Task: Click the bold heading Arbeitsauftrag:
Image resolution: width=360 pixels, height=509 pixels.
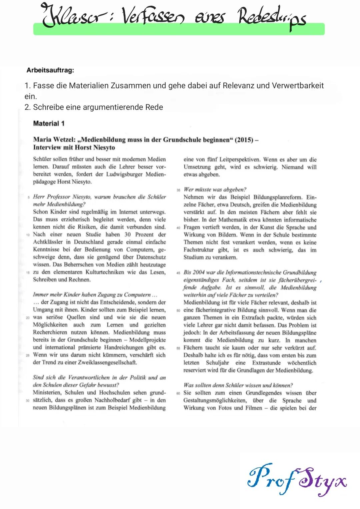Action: click(x=50, y=70)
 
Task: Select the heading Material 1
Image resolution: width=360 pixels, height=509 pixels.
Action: click(x=49, y=123)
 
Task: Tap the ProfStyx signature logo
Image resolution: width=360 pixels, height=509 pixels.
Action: click(x=297, y=480)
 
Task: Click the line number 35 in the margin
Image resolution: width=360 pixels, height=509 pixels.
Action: click(x=178, y=190)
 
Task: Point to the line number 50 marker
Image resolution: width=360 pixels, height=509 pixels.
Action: click(x=178, y=311)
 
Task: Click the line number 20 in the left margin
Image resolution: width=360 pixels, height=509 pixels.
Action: click(x=28, y=318)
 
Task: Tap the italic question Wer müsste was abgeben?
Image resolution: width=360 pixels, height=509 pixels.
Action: click(x=215, y=189)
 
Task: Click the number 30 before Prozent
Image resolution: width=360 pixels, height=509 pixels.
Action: click(x=127, y=234)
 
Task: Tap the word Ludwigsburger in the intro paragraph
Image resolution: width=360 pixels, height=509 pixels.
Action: click(x=124, y=174)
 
